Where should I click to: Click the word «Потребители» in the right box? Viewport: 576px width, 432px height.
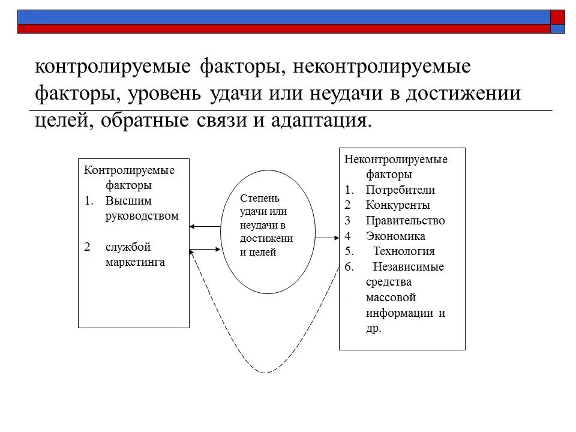coord(400,190)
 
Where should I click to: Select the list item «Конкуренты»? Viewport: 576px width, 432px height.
coord(397,205)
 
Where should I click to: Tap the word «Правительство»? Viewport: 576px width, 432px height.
coord(405,221)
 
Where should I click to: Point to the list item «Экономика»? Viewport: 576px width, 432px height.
coord(395,236)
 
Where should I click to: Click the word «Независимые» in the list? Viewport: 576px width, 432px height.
coord(409,267)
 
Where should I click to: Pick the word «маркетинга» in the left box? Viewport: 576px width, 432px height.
coord(135,262)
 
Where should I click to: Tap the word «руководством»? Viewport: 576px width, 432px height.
coord(142,216)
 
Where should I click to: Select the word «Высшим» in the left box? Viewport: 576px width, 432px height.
coord(128,201)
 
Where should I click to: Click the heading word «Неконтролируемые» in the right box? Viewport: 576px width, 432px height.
coord(396,160)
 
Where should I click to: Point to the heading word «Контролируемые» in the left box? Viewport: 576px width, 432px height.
coord(129,170)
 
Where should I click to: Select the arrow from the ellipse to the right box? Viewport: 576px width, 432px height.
coord(327,238)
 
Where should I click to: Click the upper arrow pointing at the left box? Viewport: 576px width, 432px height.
coord(205,227)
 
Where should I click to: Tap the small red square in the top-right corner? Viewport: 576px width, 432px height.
coord(557,16)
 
